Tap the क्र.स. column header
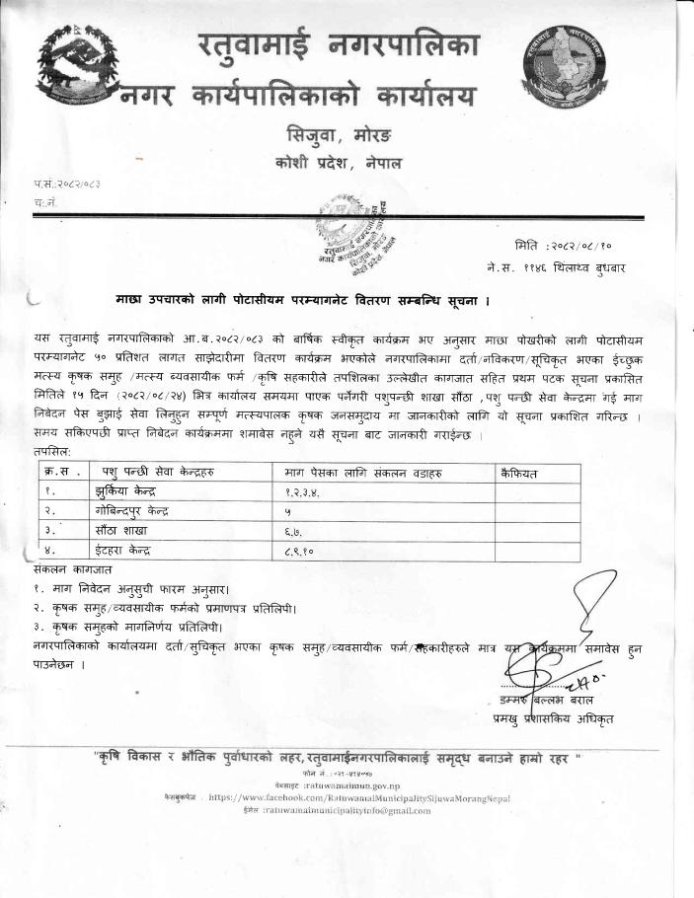click(60, 474)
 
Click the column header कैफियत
click(520, 474)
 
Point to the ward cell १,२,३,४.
click(303, 492)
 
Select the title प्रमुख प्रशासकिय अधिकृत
click(552, 719)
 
